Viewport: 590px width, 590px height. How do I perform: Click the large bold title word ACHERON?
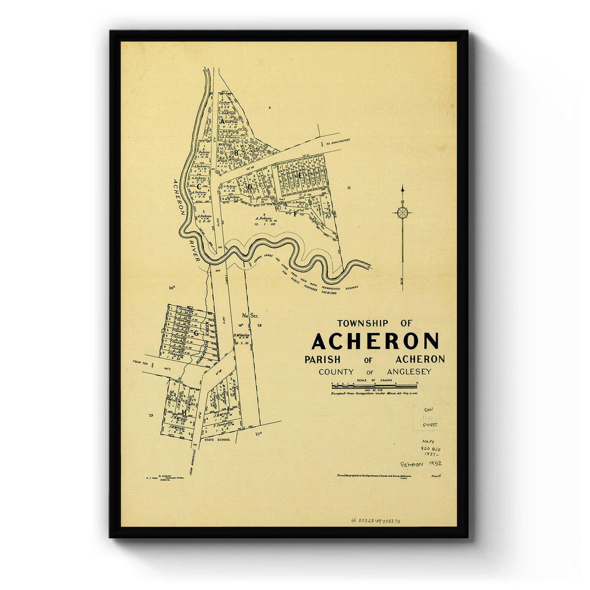point(375,341)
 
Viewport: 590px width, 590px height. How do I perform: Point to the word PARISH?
point(323,359)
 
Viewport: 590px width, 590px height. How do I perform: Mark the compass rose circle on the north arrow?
point(403,212)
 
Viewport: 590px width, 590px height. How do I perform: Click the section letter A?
point(222,121)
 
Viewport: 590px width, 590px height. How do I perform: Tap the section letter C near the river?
point(199,186)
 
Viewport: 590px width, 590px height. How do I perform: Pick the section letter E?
point(299,175)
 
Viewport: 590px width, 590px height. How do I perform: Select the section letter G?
point(195,333)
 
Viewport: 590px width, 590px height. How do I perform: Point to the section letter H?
point(184,413)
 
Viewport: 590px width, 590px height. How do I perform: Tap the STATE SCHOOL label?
point(217,439)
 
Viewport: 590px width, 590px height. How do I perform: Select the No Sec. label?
point(250,315)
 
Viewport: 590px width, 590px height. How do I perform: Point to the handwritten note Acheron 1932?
point(421,464)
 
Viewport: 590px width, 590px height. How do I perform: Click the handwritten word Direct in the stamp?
point(429,424)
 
